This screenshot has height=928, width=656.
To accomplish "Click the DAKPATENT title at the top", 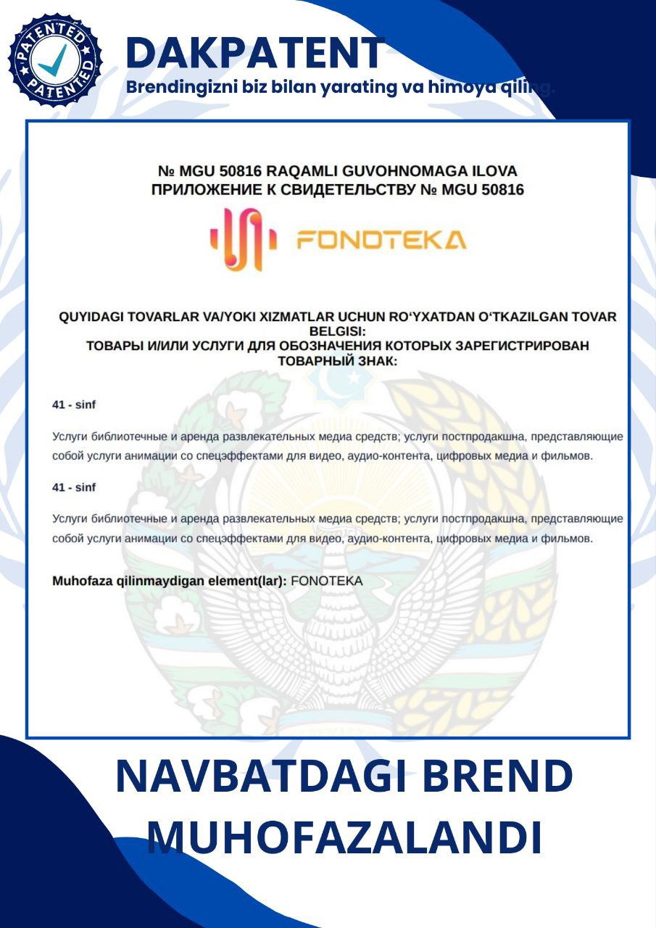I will click(254, 52).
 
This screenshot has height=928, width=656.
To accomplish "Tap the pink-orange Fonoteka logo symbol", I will click(244, 239).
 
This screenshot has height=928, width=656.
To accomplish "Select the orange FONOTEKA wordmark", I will click(381, 240).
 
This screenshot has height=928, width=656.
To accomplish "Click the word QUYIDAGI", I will click(91, 317).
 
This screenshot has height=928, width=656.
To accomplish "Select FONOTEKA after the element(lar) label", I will click(326, 581).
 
